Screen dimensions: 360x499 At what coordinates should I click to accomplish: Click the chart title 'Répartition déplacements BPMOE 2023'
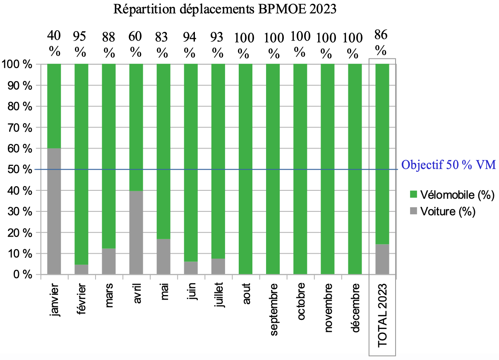225,9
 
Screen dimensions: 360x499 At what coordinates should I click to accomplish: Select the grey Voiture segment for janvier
54,211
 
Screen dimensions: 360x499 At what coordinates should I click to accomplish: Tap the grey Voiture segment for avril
136,232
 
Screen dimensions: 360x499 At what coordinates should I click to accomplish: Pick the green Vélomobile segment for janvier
54,106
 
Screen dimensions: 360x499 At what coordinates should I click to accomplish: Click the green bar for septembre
273,169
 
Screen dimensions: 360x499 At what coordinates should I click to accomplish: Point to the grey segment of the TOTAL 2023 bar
382,259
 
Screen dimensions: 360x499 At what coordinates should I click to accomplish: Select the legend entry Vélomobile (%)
457,195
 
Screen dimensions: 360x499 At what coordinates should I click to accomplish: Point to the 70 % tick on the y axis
17,127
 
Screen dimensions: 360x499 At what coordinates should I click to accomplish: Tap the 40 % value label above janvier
54,43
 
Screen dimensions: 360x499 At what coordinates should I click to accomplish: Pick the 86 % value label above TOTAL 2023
381,43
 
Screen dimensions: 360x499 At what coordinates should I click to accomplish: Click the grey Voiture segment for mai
163,257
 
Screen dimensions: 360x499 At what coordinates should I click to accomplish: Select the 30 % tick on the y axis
17,211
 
